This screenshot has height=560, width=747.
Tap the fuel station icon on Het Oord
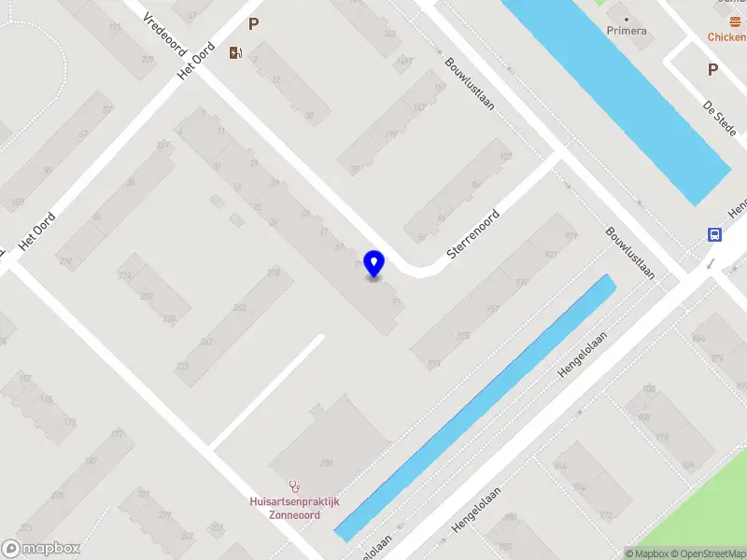235,53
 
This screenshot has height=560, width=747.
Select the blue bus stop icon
714,234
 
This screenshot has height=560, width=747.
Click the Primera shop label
627,31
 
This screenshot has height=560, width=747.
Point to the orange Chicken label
726,37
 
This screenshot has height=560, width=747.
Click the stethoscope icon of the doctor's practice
295,485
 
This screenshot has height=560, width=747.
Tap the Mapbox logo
40,549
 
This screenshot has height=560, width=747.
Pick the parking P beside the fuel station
253,24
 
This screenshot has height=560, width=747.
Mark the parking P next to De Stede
712,69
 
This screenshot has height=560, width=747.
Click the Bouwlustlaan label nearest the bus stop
628,254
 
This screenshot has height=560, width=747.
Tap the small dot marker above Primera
626,18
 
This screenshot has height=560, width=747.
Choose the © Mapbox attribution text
648,553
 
